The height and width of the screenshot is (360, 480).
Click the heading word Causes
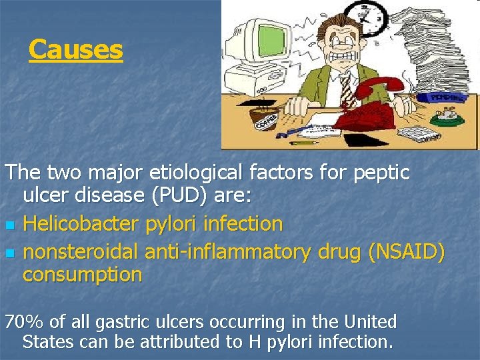tap(76, 50)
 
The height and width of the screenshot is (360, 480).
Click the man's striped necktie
tap(345, 87)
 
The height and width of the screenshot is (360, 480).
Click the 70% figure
tap(25, 322)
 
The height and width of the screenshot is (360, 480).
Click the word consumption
tap(82, 275)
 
